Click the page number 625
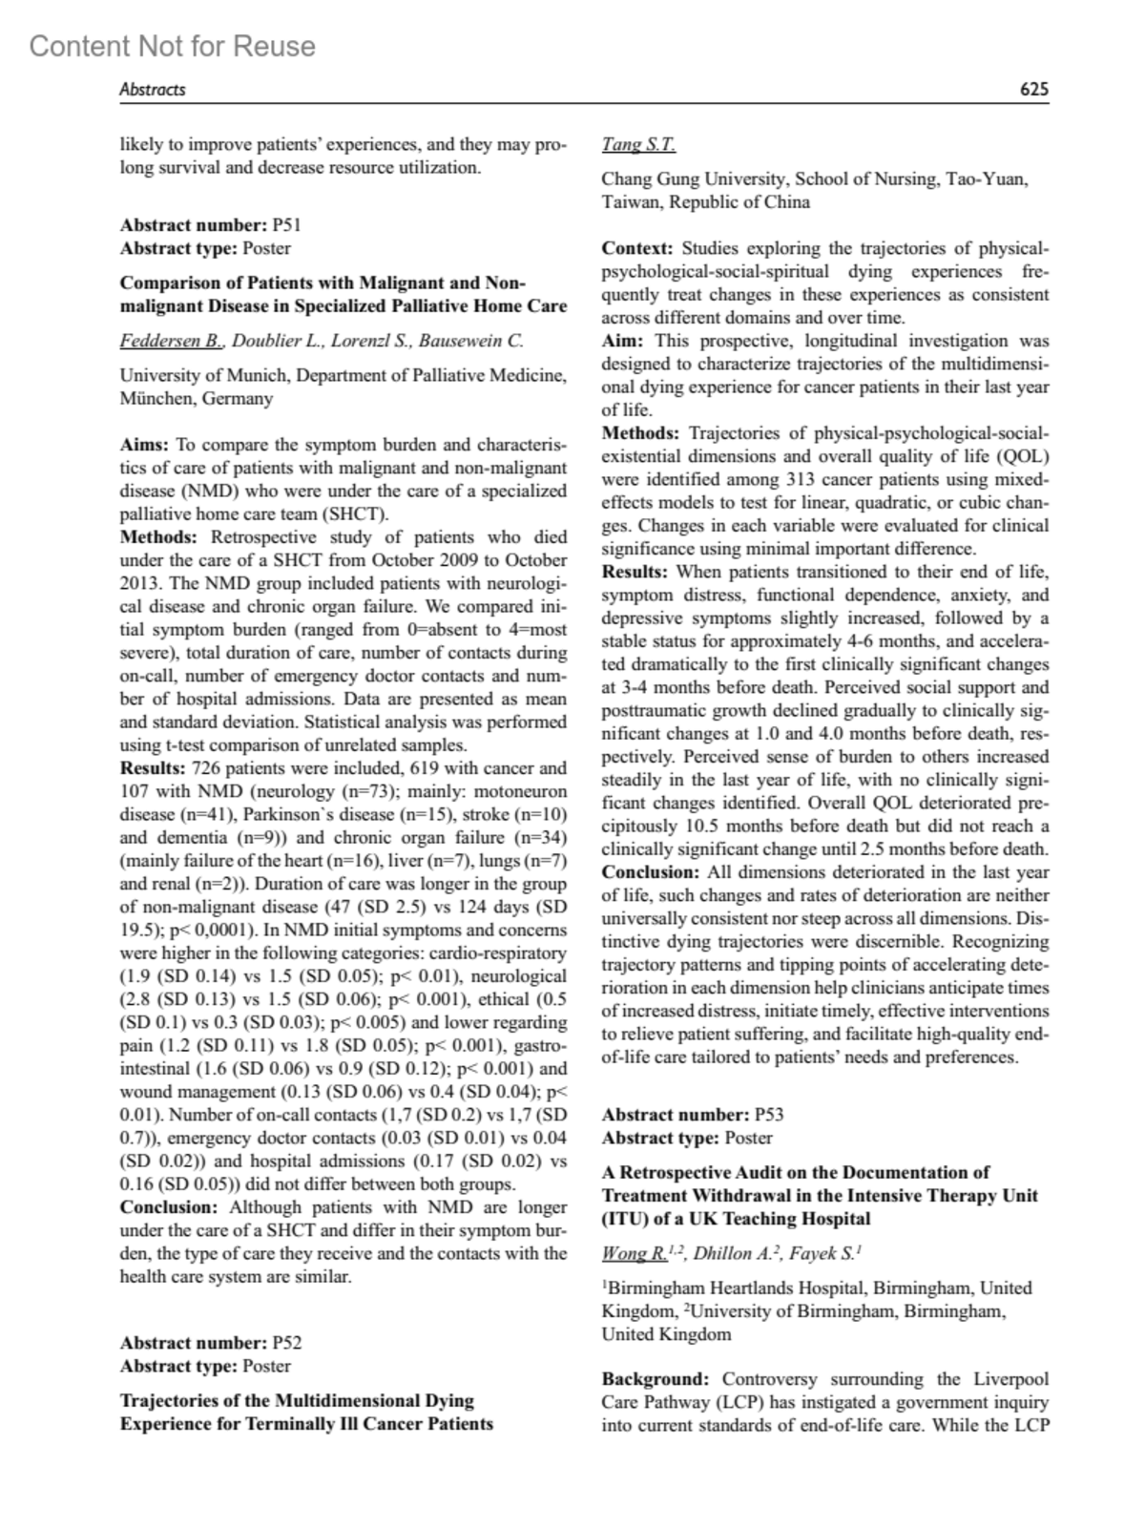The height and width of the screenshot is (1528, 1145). (1033, 90)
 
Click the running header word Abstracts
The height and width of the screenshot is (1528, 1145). (152, 90)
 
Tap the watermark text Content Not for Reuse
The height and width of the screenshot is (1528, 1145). (172, 46)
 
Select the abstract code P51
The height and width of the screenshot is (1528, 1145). (287, 225)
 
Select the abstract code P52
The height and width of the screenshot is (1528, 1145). (287, 1343)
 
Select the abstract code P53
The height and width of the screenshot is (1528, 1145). (769, 1115)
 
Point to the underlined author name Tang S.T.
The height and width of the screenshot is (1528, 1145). (638, 145)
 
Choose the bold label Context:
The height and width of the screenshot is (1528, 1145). (637, 248)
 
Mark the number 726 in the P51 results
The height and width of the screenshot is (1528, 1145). (206, 768)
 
